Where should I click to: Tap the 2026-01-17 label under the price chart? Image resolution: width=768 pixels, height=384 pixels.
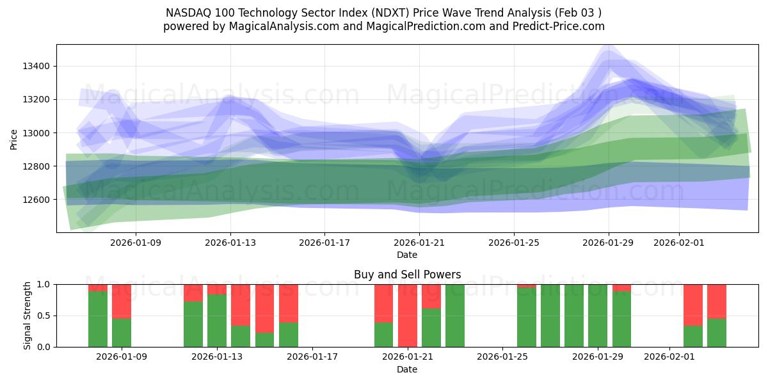[x=324, y=243]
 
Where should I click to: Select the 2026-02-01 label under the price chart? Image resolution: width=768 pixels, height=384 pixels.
[x=678, y=243]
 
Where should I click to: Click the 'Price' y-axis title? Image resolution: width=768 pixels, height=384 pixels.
[x=14, y=139]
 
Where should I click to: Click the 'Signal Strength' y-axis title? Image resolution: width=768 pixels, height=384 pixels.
[x=27, y=315]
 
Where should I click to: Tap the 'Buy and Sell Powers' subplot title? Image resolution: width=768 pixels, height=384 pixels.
[x=407, y=275]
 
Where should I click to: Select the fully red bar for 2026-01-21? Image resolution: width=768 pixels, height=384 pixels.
[x=408, y=316]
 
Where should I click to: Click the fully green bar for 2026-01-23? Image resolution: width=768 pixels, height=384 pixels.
[x=455, y=316]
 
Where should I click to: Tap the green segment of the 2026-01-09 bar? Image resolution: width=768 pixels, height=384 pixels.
[x=122, y=333]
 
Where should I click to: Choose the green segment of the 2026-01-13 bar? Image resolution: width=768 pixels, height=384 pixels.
[x=217, y=321]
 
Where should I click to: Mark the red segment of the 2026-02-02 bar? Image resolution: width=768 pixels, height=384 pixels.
[x=693, y=305]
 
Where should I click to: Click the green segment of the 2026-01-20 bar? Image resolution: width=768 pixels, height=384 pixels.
[x=384, y=335]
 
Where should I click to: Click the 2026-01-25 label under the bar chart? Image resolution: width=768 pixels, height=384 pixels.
[x=502, y=357]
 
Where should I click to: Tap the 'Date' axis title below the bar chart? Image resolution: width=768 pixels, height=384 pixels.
[x=407, y=369]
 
